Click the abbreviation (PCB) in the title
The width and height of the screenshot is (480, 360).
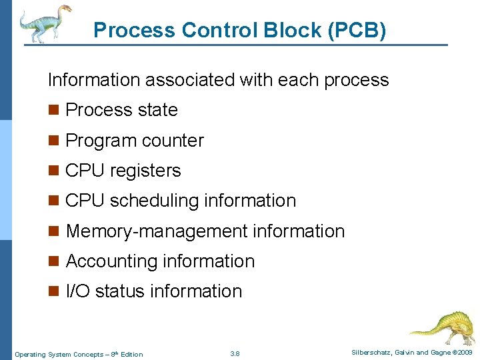tap(357, 31)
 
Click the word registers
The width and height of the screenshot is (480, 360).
tap(145, 171)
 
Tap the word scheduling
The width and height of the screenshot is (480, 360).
tap(156, 201)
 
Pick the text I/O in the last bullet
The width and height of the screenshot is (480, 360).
tap(78, 291)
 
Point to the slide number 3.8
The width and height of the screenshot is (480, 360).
tap(235, 353)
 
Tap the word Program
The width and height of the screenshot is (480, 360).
tap(99, 141)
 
